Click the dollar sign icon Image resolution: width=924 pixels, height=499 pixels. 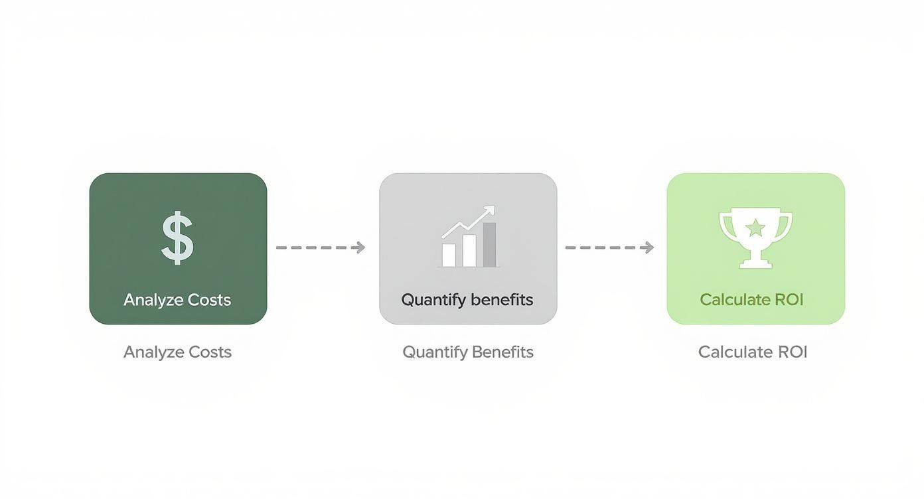tap(177, 238)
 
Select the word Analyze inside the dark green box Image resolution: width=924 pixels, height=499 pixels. tap(153, 300)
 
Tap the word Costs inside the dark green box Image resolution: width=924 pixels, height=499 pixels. tap(209, 300)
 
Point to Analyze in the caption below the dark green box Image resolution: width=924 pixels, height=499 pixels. tap(153, 352)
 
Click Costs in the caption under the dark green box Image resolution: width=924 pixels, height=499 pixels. tap(210, 352)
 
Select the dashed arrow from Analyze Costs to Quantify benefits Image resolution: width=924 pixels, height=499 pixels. tap(319, 248)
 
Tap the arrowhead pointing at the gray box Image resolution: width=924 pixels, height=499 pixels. tap(360, 248)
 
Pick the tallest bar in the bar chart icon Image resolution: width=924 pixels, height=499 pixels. tap(490, 245)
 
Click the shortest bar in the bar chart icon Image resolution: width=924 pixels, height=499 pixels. tap(449, 255)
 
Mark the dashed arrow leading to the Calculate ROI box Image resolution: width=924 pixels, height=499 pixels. tap(607, 248)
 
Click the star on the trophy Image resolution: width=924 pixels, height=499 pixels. tap(755, 229)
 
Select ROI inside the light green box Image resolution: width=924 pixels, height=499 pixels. tap(788, 300)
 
